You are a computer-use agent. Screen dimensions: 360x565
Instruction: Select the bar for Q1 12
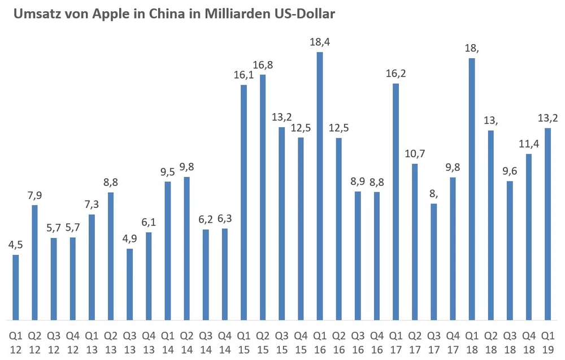pyautogui.click(x=16, y=287)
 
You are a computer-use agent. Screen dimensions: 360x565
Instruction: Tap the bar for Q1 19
pyautogui.click(x=547, y=223)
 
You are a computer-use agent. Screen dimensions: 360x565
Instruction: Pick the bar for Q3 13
pyautogui.click(x=130, y=284)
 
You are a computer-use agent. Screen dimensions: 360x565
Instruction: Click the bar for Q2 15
pyautogui.click(x=263, y=197)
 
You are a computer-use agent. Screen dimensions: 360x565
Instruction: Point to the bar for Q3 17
pyautogui.click(x=433, y=261)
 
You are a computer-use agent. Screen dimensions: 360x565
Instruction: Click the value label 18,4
pyautogui.click(x=320, y=41)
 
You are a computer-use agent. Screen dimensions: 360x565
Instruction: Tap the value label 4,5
pyautogui.click(x=16, y=244)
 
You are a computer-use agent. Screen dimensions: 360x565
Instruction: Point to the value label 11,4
pyautogui.click(x=528, y=143)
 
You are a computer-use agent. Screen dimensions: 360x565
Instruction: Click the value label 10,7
pyautogui.click(x=415, y=153)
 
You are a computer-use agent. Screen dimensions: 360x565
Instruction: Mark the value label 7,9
pyautogui.click(x=35, y=195)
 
